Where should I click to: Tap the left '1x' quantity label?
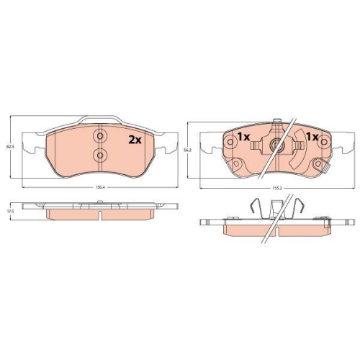(x=242, y=137)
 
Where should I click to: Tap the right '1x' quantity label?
(x=312, y=137)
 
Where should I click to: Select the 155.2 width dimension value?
(x=276, y=190)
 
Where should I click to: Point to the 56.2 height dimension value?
(x=189, y=150)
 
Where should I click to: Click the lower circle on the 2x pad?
(x=100, y=156)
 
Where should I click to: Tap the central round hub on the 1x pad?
(x=275, y=146)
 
